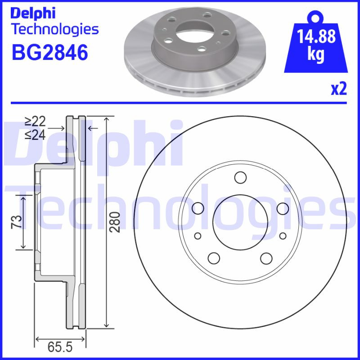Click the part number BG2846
click(49, 53)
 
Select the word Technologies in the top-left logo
click(54, 30)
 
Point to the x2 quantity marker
click(339, 89)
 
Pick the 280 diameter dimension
click(116, 222)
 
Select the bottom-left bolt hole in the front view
click(213, 258)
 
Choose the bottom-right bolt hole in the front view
click(266, 258)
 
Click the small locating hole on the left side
click(198, 236)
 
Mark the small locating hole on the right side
click(283, 236)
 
